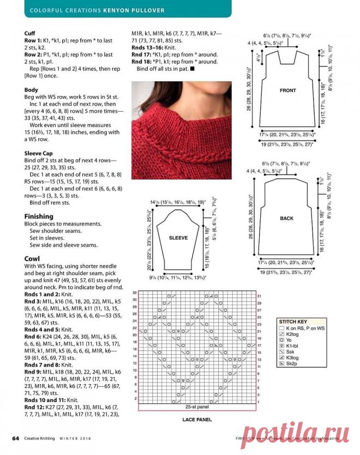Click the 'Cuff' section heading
tap(31, 33)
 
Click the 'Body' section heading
tap(31, 89)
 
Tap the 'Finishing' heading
tap(39, 216)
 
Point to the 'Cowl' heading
tap(31, 259)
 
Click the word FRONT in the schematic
tap(287, 90)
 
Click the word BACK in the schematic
tap(287, 219)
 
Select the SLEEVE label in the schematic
tap(178, 238)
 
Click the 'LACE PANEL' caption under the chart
tap(196, 420)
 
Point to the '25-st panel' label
tap(197, 407)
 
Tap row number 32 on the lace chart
tap(134, 293)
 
